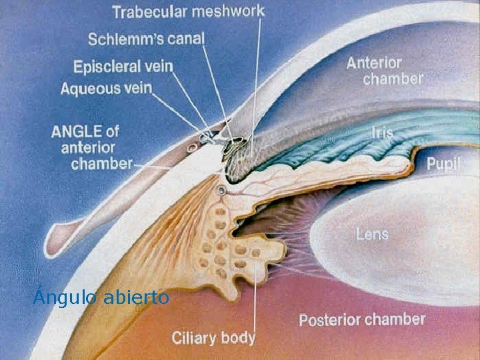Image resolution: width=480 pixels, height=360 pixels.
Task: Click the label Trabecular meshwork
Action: pyautogui.click(x=189, y=11)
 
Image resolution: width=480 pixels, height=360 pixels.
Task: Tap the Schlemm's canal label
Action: pyautogui.click(x=146, y=39)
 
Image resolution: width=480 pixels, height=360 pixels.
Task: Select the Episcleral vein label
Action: pyautogui.click(x=123, y=67)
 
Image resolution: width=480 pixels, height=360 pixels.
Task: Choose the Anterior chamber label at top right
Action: pyautogui.click(x=384, y=71)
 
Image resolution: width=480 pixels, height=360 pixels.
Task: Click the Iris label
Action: pyautogui.click(x=381, y=132)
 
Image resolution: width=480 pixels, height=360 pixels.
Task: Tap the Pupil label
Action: pyautogui.click(x=443, y=164)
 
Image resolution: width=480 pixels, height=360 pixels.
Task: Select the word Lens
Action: pyautogui.click(x=372, y=234)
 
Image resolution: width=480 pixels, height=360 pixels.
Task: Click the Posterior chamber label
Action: pyautogui.click(x=361, y=319)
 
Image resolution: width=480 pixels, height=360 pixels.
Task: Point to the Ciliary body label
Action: pyautogui.click(x=213, y=337)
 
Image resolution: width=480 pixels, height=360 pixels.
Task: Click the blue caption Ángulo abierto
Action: pyautogui.click(x=101, y=297)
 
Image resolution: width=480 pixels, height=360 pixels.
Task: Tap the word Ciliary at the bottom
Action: pyautogui.click(x=195, y=337)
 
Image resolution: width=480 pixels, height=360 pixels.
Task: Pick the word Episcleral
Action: pyautogui.click(x=105, y=67)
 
